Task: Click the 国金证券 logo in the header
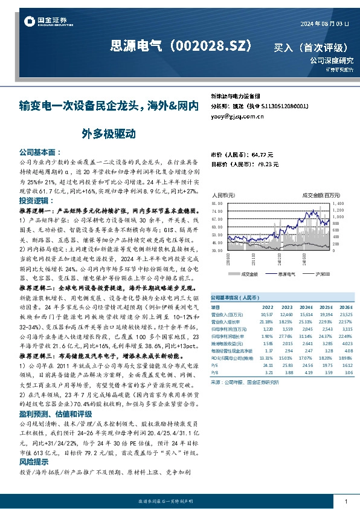click(x=43, y=22)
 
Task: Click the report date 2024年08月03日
click(x=324, y=23)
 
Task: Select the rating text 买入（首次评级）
click(x=310, y=47)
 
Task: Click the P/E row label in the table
click(x=214, y=365)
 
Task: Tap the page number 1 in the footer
click(x=345, y=502)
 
